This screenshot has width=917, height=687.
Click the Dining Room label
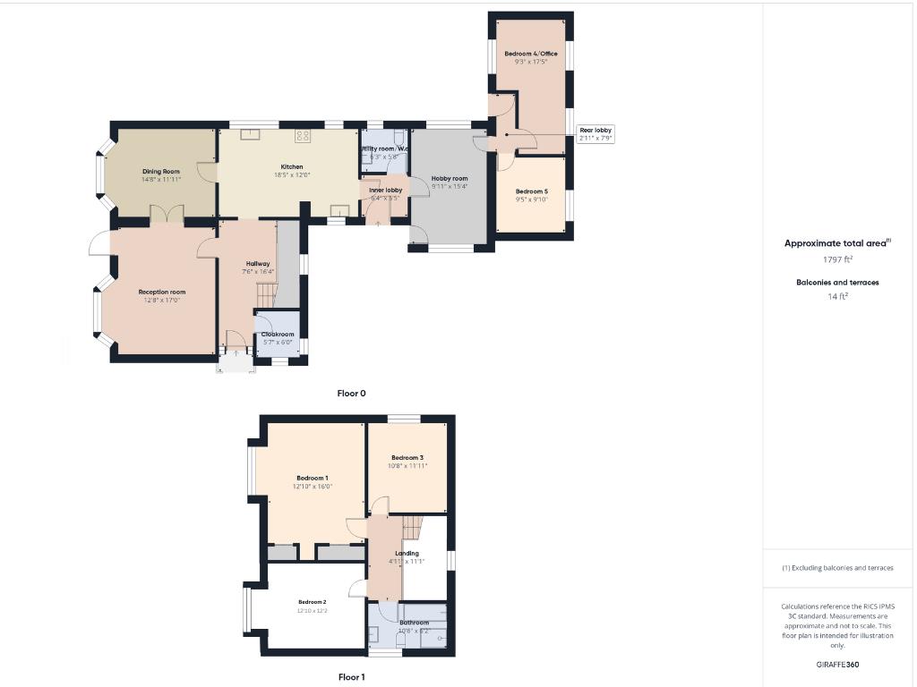click(x=161, y=171)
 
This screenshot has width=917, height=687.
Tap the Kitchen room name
click(x=292, y=166)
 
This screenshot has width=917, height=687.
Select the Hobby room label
click(x=450, y=179)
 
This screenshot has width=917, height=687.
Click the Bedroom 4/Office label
click(x=536, y=54)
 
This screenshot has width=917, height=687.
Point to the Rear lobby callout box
click(x=595, y=134)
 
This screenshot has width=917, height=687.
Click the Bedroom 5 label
click(x=531, y=191)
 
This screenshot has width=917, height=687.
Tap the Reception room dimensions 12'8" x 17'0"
click(x=162, y=301)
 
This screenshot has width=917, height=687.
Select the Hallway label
click(x=258, y=263)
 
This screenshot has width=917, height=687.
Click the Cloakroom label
click(x=277, y=335)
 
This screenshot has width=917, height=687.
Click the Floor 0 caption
click(x=351, y=393)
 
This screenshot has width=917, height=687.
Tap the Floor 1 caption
click(x=351, y=677)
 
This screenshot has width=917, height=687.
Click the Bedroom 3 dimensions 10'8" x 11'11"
click(x=407, y=466)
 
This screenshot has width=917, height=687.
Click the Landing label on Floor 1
click(x=407, y=553)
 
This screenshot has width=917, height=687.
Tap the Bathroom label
click(x=414, y=623)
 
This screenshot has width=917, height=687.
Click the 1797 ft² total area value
click(x=837, y=259)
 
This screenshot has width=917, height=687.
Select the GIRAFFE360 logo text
click(x=837, y=665)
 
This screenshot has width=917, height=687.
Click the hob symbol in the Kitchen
click(x=303, y=137)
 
